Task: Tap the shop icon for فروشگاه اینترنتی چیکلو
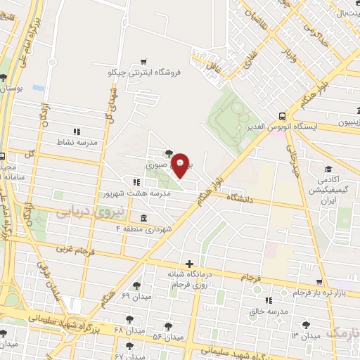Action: click(144, 62)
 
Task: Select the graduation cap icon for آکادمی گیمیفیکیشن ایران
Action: click(328, 169)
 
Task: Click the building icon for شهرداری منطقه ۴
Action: click(143, 217)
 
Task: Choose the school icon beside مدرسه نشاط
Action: click(77, 131)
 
